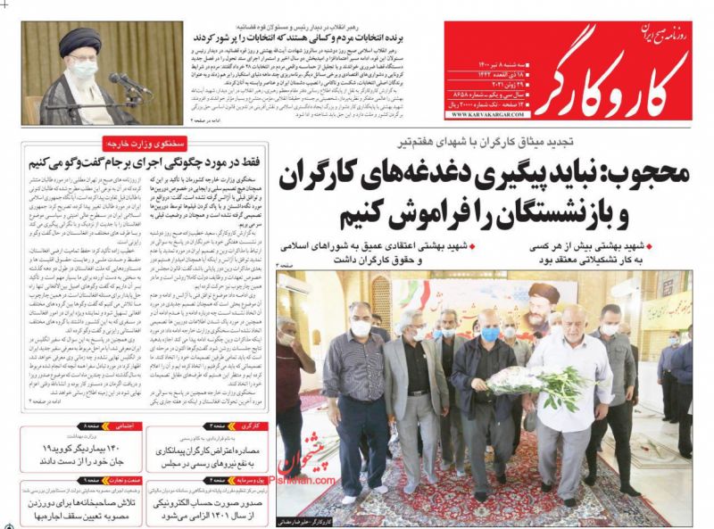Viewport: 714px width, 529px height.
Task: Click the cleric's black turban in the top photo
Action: [x=79, y=39]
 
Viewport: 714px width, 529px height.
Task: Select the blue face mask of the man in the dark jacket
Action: [x=491, y=335]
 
